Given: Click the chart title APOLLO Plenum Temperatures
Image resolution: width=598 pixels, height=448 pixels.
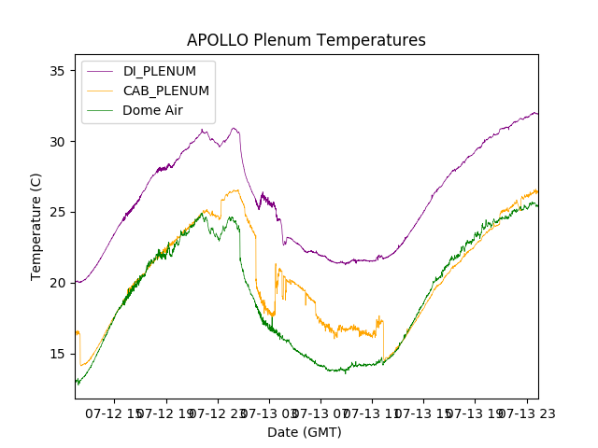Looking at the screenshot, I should [306, 40].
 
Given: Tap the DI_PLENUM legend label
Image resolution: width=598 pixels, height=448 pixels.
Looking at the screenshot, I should [160, 71].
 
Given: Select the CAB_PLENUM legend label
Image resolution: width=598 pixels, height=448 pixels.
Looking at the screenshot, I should [165, 91].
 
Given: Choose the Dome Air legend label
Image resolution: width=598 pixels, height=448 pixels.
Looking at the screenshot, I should [152, 110].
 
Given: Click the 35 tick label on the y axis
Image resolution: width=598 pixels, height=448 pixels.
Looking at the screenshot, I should [57, 71].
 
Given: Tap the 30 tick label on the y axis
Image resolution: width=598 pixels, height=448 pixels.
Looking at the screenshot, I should [57, 142].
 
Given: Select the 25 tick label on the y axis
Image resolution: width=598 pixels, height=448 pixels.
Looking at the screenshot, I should [57, 212].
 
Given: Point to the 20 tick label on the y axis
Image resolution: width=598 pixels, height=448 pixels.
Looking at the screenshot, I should [57, 283].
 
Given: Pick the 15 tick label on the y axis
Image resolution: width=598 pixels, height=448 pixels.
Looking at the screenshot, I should [57, 353].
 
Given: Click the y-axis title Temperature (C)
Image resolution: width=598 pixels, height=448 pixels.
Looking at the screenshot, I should [36, 227].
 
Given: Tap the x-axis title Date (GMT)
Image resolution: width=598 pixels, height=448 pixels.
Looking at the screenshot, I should [305, 432].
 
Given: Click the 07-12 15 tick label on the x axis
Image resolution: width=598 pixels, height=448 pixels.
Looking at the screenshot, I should [115, 413].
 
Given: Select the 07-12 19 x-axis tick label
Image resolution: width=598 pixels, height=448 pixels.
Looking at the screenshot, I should [167, 413].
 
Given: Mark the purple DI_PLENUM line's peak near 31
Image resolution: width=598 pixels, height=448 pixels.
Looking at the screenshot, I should [235, 129].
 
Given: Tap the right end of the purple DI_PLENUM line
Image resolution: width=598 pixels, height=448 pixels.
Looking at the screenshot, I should [537, 114].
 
